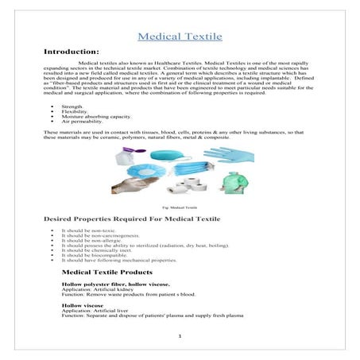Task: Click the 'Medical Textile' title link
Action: [180, 37]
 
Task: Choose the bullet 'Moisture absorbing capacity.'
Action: [88, 117]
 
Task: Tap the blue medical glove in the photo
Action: [227, 155]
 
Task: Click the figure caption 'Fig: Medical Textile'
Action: [180, 205]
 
